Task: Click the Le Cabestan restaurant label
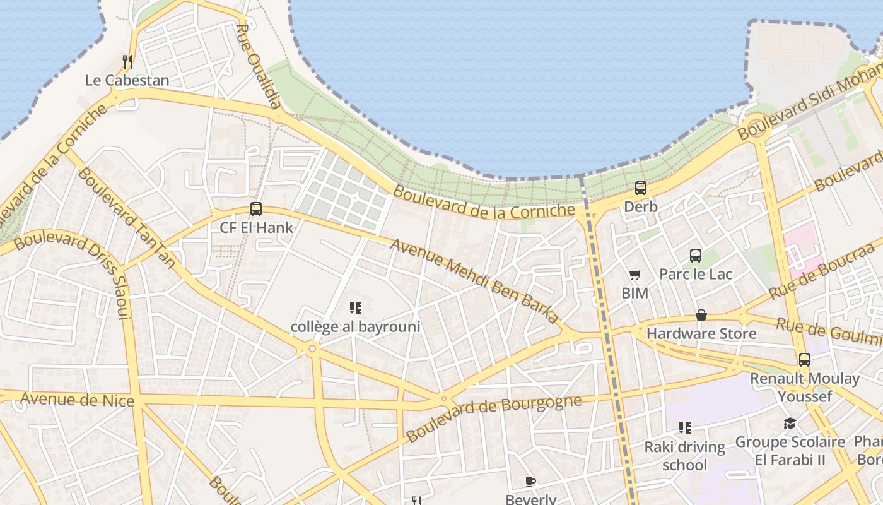click(127, 80)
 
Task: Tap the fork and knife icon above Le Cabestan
click(127, 61)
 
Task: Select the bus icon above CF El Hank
click(256, 209)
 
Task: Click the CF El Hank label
click(256, 227)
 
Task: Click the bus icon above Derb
click(641, 187)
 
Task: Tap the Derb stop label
click(641, 206)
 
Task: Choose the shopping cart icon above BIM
click(634, 275)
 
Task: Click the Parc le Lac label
click(696, 274)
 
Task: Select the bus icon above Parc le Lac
click(696, 255)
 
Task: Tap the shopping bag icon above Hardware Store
click(701, 315)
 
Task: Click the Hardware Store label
click(701, 333)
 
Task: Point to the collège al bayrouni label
click(355, 327)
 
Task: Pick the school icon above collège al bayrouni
click(355, 308)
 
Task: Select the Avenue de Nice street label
click(77, 400)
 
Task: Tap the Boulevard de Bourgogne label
click(493, 419)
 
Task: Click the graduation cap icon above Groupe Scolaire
click(790, 423)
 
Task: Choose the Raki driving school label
click(685, 456)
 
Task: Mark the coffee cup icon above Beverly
click(530, 482)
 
